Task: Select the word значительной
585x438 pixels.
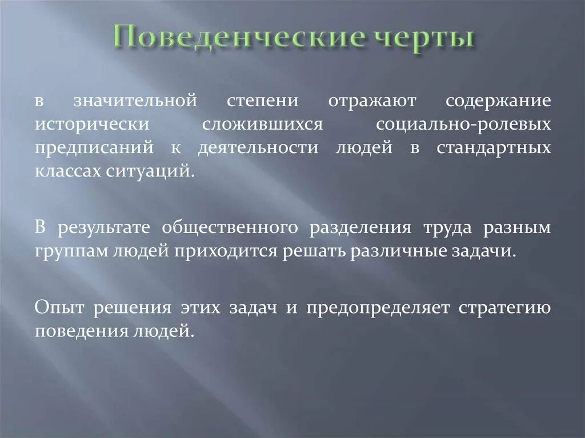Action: pos(135,101)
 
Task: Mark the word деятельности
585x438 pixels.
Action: pos(258,147)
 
